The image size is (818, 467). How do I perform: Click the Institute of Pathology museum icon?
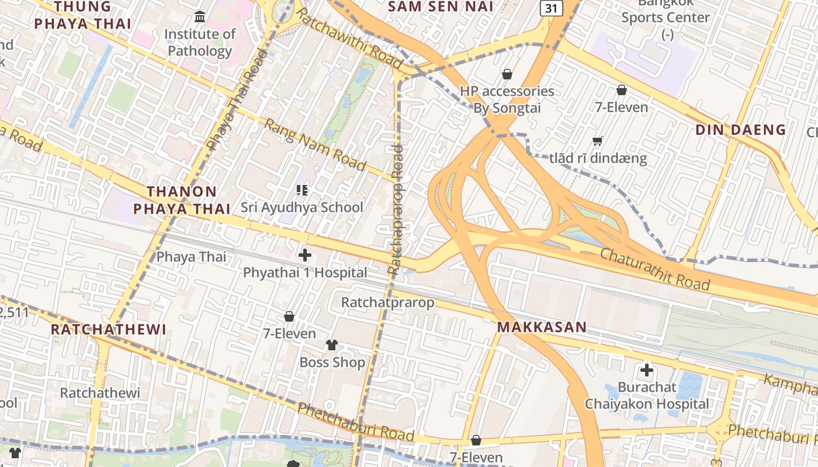coord(200,16)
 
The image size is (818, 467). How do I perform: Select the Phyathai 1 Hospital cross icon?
coord(305,255)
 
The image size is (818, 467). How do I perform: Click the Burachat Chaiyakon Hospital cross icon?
coord(647,370)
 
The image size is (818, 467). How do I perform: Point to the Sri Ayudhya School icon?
coord(301,190)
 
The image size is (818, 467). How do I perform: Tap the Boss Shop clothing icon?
coord(332,344)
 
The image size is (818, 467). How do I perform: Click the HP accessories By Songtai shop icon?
coord(507,74)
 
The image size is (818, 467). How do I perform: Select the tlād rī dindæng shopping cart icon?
coord(597,141)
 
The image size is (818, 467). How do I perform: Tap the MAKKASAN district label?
coord(542,327)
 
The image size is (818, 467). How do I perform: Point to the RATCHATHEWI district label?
coord(109,329)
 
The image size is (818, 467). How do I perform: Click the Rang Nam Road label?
coord(314,144)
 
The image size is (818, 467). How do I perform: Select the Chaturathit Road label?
coord(655,269)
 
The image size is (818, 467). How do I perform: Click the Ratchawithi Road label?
coord(349,37)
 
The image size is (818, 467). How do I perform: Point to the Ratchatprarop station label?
coord(388,302)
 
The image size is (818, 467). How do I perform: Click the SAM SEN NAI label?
coord(441,7)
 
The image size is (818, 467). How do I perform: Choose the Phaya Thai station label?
coord(191,256)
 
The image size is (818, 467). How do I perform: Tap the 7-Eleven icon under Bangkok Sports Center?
coord(622,90)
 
